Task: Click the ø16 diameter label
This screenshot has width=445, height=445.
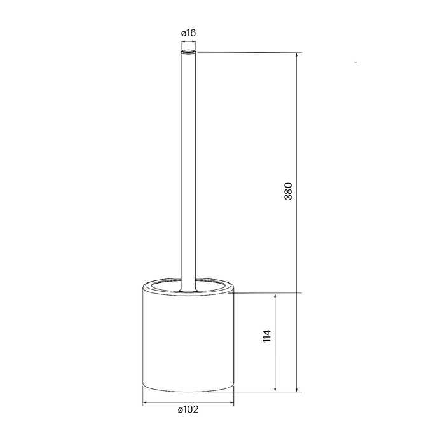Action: coord(188,32)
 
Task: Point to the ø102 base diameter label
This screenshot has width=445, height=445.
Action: coord(189,409)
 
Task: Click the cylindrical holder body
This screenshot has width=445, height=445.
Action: coord(189,343)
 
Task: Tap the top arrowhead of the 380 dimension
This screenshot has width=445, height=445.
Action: coord(297,55)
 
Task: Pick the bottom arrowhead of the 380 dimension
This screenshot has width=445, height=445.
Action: coord(297,388)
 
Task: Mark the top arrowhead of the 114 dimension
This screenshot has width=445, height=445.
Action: coord(275,296)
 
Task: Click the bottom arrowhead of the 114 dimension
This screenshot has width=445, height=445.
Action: coord(275,388)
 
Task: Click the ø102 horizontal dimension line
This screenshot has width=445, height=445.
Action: coord(189,402)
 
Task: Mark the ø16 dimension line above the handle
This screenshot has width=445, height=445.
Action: coord(189,42)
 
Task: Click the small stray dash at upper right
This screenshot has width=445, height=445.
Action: coord(355,62)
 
